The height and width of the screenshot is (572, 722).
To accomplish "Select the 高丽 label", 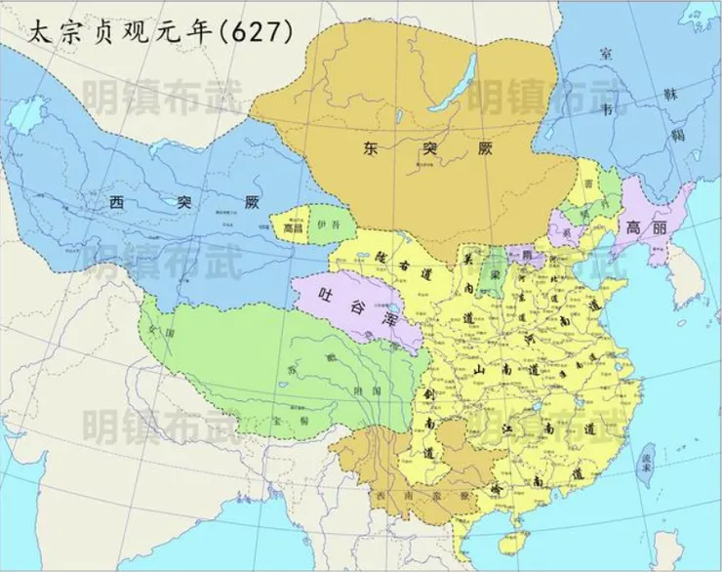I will point(646,226).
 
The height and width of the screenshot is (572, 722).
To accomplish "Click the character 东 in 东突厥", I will point(372,149).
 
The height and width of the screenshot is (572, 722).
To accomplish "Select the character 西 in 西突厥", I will point(117,203).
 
